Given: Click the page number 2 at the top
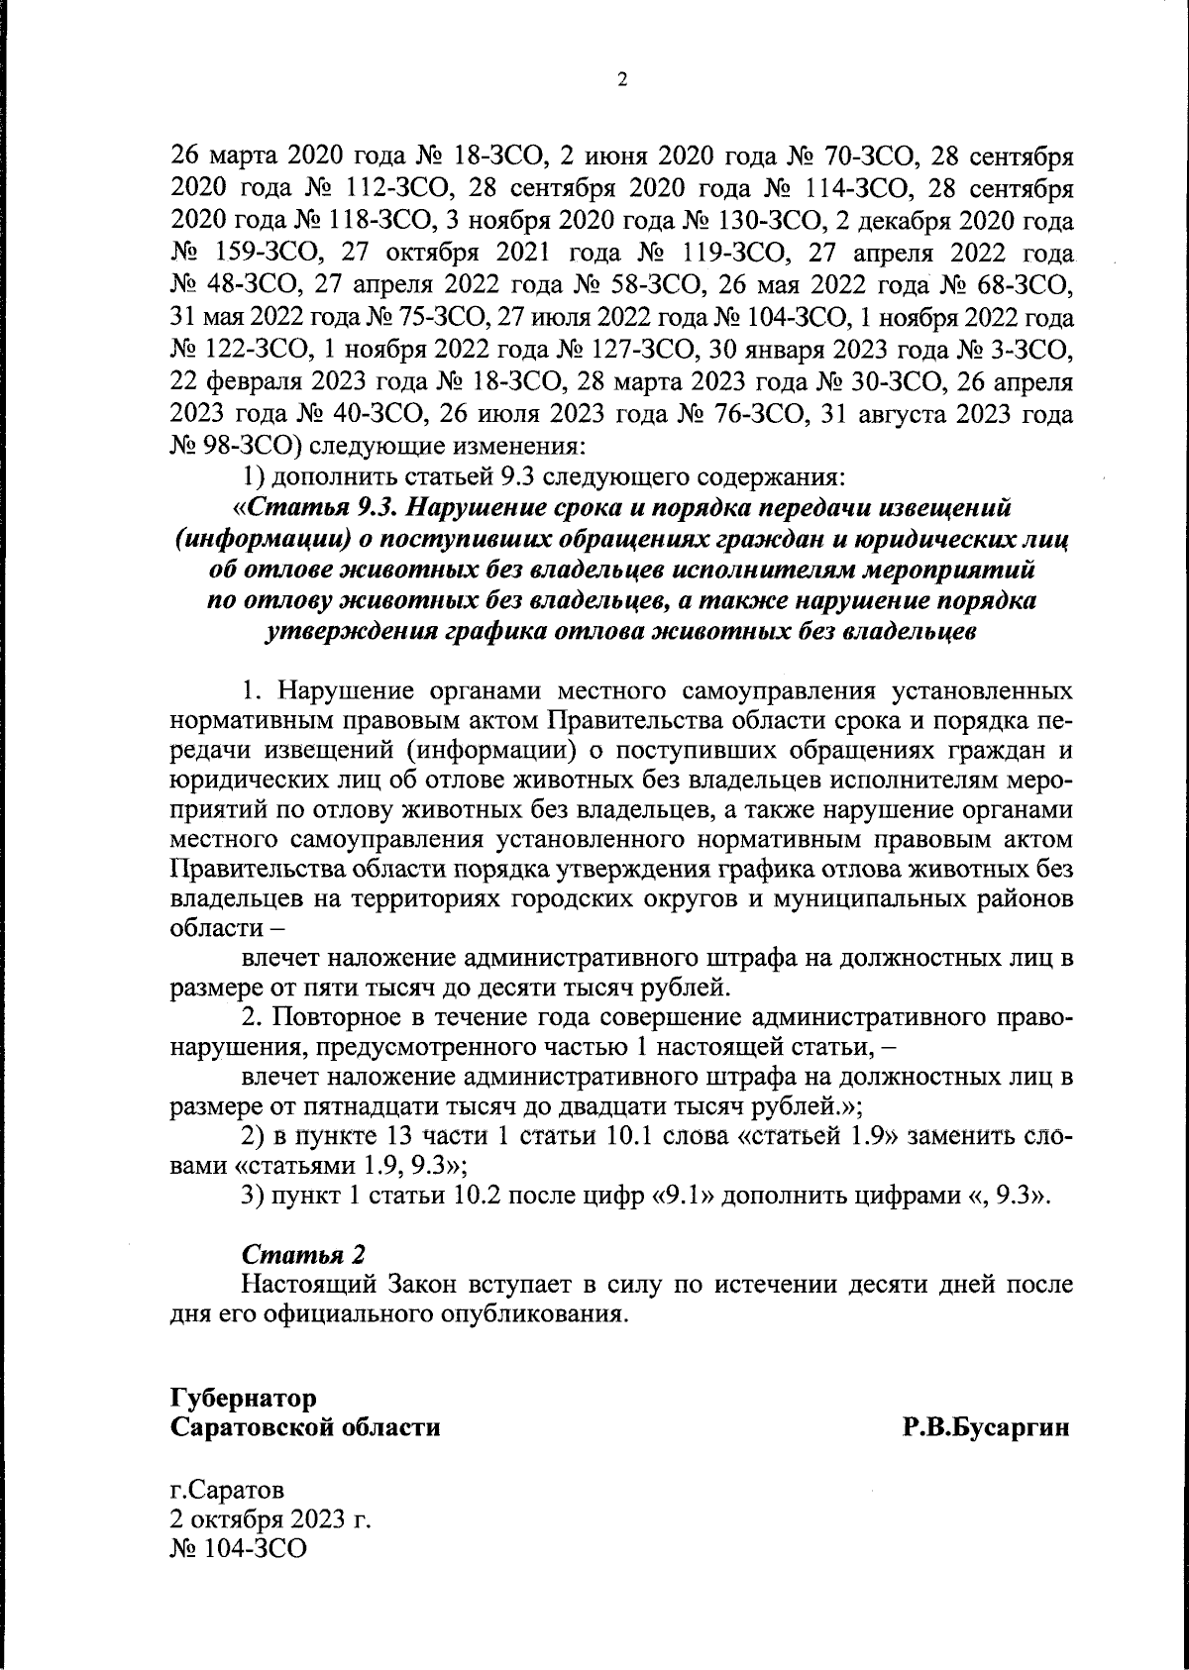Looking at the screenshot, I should pos(622,82).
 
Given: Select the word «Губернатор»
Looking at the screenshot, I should pos(244,1399).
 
